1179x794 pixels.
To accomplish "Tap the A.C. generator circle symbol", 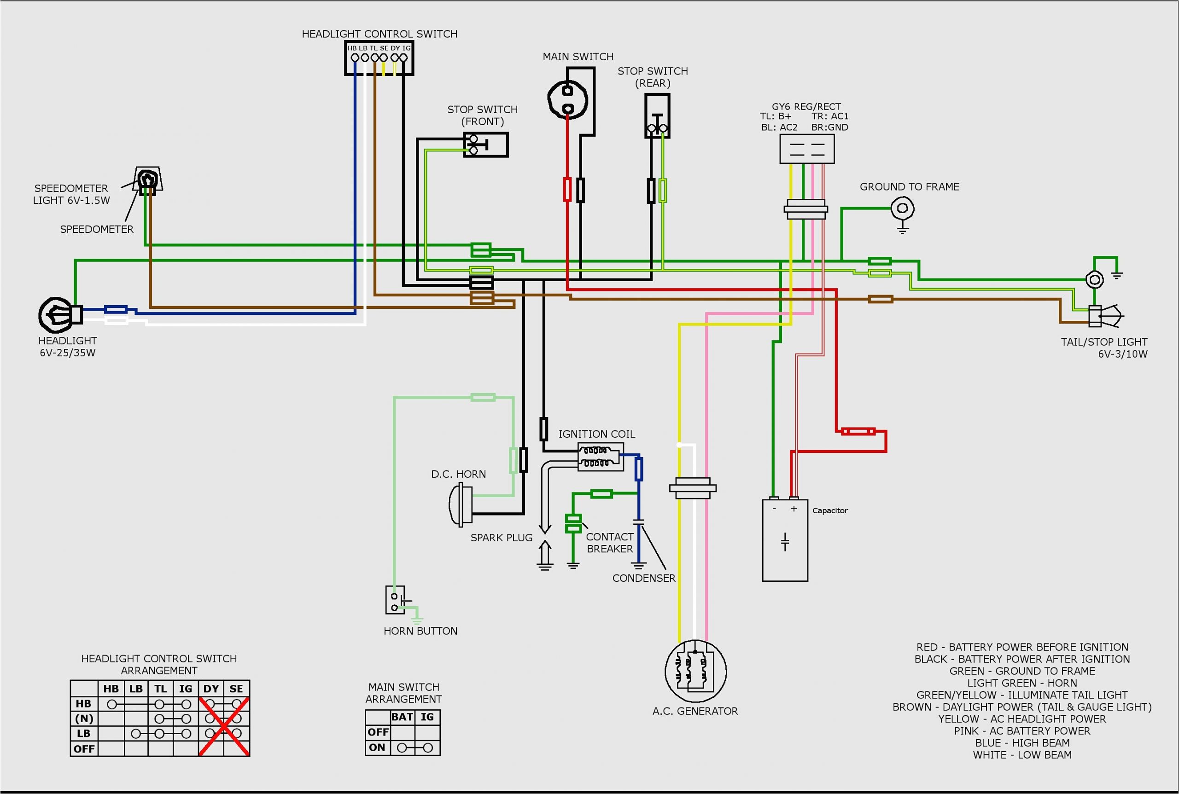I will [695, 671].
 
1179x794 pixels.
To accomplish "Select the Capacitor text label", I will [829, 510].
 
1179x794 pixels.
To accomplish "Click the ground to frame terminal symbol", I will [902, 209].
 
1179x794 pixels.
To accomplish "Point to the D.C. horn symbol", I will [461, 504].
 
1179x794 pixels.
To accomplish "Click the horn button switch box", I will [395, 600].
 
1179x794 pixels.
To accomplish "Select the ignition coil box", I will [601, 456].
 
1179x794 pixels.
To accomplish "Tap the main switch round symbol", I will [567, 99].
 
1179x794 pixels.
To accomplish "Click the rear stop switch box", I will [657, 116].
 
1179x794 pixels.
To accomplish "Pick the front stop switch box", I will [485, 145].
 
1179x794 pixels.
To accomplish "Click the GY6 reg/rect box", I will [806, 149].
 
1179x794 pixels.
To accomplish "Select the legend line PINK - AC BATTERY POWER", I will [1021, 730].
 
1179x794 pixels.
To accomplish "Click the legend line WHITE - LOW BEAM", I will [1021, 754].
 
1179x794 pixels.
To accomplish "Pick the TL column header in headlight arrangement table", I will [161, 689].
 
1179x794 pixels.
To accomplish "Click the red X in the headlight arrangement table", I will [223, 726].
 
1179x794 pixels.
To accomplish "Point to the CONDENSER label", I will [643, 578].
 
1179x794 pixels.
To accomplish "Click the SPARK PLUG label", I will [501, 537].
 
